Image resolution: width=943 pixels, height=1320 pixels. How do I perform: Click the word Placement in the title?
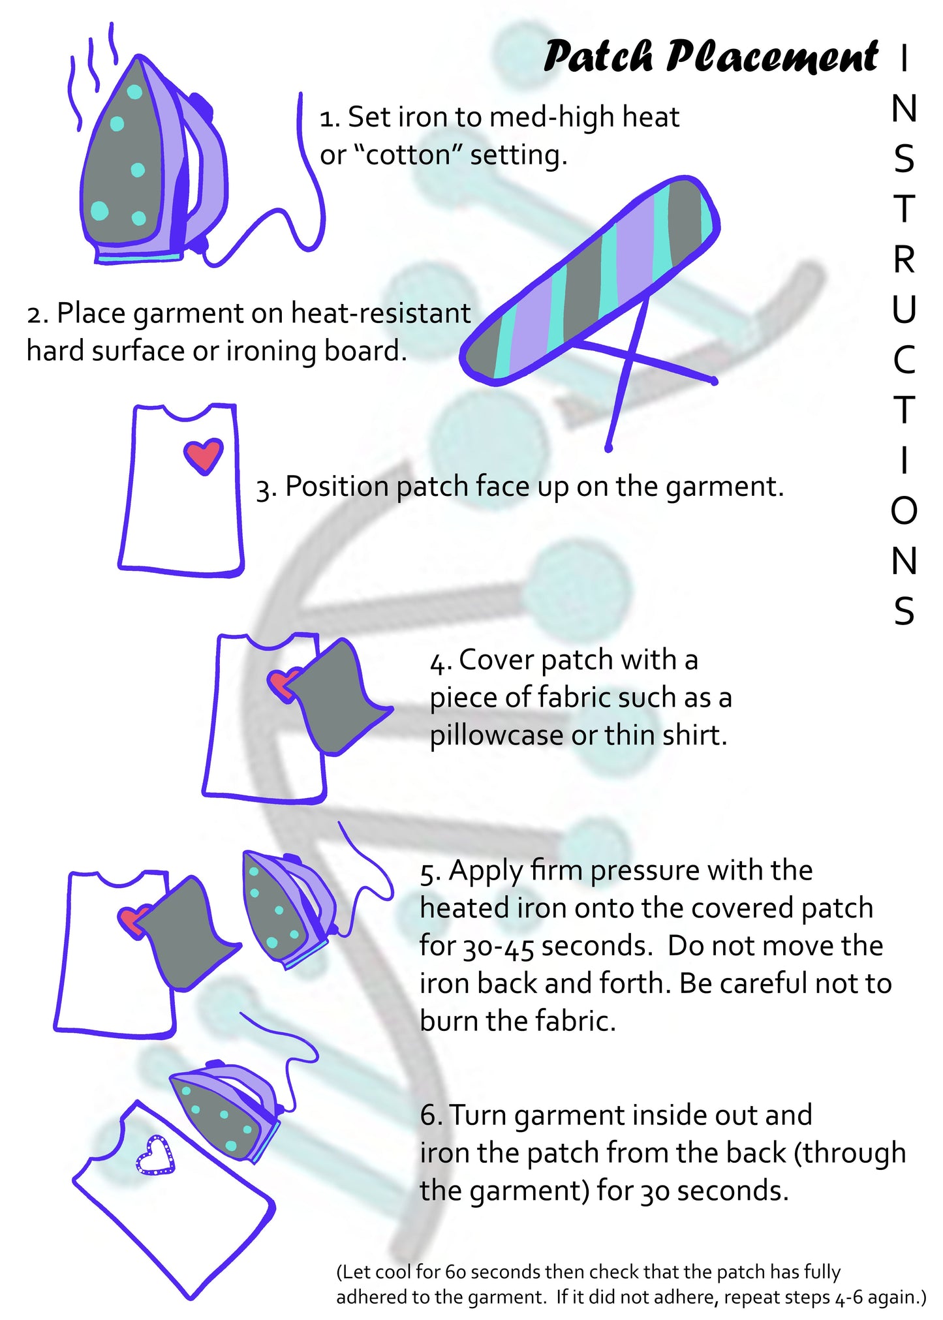click(772, 57)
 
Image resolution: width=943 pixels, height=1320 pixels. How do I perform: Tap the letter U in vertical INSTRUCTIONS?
click(904, 309)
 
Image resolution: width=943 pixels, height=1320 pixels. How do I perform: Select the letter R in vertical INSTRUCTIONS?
click(904, 260)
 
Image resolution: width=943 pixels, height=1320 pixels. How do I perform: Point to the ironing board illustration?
click(591, 281)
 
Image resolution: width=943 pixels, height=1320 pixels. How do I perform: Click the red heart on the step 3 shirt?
click(204, 455)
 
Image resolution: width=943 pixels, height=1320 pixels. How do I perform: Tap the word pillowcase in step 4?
click(496, 735)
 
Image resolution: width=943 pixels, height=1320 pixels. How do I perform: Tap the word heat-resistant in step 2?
click(380, 313)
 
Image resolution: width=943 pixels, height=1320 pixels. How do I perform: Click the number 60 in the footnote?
click(456, 1272)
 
